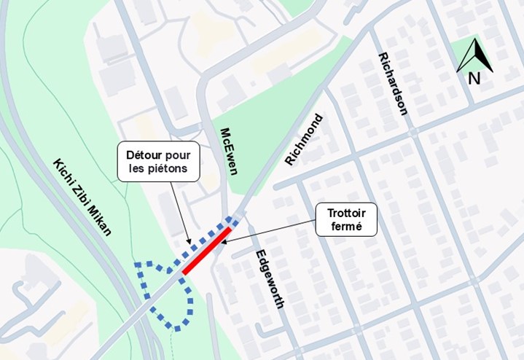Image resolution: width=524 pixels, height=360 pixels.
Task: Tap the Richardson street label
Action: point(393,84)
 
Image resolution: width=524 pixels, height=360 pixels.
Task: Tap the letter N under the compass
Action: point(474,78)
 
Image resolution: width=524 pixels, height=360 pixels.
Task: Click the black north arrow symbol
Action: point(474,55)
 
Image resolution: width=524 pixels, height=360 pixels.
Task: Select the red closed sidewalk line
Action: point(207,251)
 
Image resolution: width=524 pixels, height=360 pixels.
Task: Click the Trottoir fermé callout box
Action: point(346,219)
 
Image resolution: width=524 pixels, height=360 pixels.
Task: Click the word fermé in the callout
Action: point(346,227)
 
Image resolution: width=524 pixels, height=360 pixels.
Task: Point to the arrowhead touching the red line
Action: point(223,243)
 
